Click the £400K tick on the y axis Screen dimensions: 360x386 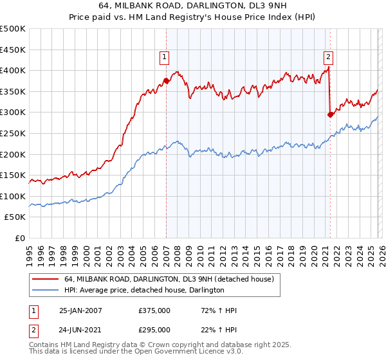click(13, 71)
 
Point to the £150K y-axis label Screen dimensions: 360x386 click(13, 175)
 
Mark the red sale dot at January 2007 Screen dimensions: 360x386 click(166, 81)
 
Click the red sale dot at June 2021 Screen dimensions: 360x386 click(330, 114)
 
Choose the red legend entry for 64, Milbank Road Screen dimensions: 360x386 click(169, 279)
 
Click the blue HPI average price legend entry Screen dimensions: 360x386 click(143, 291)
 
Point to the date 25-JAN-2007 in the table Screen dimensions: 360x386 click(80, 310)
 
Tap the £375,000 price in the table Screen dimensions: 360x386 click(154, 310)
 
